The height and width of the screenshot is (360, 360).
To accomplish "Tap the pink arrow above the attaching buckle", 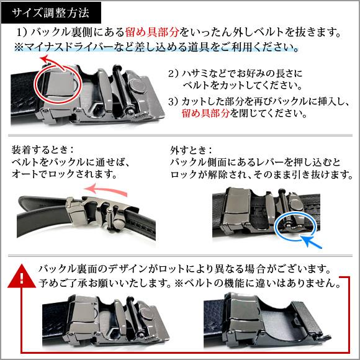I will pos(112,188).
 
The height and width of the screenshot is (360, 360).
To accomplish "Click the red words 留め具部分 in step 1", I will pos(153,32).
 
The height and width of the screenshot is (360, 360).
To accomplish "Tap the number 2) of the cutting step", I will pos(174,73).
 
